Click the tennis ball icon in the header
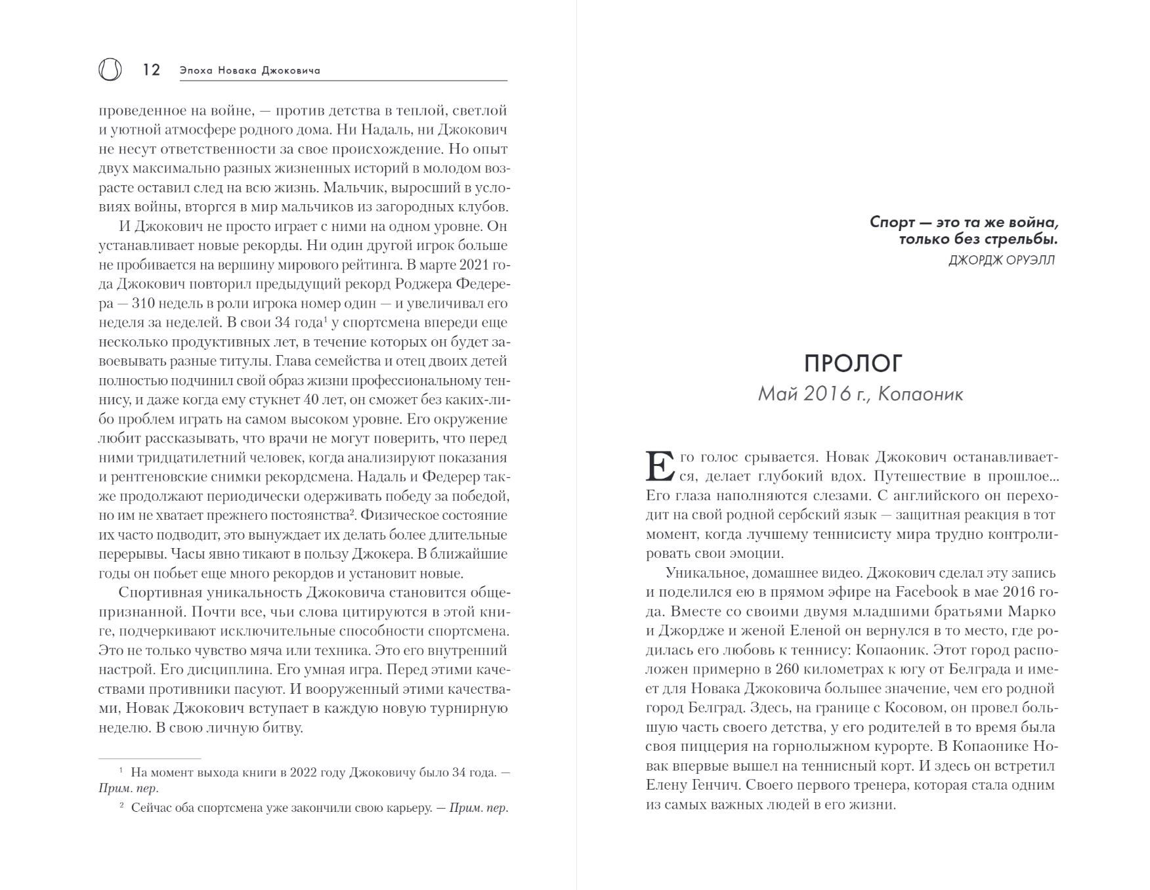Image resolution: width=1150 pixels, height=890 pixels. pyautogui.click(x=110, y=69)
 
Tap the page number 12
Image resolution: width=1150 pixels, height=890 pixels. pyautogui.click(x=152, y=70)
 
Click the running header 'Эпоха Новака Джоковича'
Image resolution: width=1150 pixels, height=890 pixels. pyautogui.click(x=250, y=70)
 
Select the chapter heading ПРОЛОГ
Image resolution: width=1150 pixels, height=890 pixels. pyautogui.click(x=853, y=363)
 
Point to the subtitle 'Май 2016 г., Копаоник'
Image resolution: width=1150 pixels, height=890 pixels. pyautogui.click(x=861, y=394)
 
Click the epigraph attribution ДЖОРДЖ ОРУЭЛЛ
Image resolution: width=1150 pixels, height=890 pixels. pyautogui.click(x=1002, y=260)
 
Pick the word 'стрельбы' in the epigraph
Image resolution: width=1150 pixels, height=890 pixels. pyautogui.click(x=1025, y=239)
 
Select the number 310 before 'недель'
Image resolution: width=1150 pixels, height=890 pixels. pyautogui.click(x=144, y=303)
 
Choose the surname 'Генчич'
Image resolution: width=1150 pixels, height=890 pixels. pyautogui.click(x=717, y=785)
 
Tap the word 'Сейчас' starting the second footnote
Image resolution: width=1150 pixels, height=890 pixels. pyautogui.click(x=150, y=808)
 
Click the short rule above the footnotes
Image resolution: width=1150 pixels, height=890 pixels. pyautogui.click(x=150, y=759)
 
